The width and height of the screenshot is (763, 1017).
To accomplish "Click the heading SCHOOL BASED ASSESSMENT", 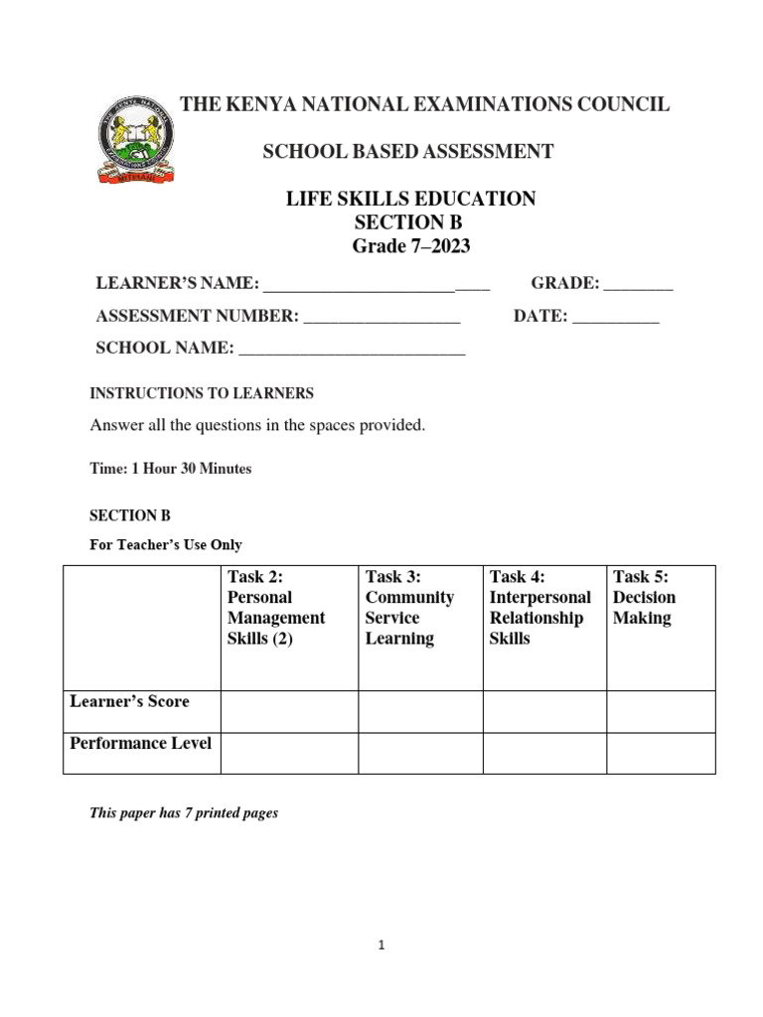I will pyautogui.click(x=407, y=152).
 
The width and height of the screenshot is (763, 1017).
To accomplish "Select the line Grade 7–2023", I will pyautogui.click(x=410, y=245).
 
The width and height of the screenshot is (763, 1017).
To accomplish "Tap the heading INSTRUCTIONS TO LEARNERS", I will pyautogui.click(x=202, y=393).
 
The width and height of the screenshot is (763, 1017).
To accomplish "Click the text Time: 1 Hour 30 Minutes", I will pyautogui.click(x=171, y=469).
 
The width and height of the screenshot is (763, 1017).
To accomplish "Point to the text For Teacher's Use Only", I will pyautogui.click(x=166, y=544).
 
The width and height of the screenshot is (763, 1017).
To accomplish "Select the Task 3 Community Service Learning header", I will pyautogui.click(x=409, y=608).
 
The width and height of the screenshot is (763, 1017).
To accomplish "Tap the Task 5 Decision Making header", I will pyautogui.click(x=644, y=598).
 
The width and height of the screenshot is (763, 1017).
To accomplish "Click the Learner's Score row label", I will pyautogui.click(x=129, y=702).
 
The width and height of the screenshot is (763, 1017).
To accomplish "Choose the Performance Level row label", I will pyautogui.click(x=140, y=744).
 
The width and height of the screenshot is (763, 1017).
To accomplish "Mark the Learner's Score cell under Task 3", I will pyautogui.click(x=420, y=712).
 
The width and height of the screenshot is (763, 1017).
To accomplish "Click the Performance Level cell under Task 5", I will pyautogui.click(x=661, y=754).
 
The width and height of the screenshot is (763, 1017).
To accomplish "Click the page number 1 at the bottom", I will pyautogui.click(x=381, y=945).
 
